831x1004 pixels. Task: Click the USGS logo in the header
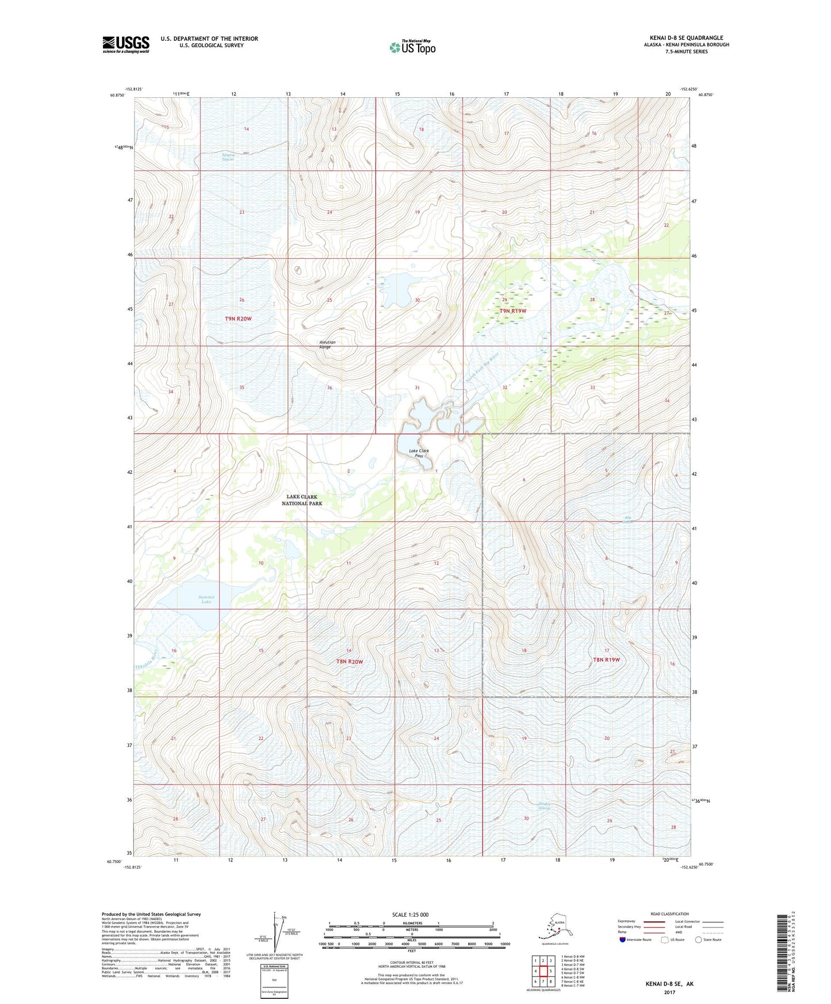pos(126,44)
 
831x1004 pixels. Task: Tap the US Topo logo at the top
pos(412,47)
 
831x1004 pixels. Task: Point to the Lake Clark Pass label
pos(419,453)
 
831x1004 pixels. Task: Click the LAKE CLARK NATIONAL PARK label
pos(302,500)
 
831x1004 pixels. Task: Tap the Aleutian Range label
pos(327,344)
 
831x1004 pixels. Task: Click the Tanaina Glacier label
pos(228,157)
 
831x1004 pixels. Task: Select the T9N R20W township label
pos(238,319)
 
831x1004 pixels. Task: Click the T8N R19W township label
pos(606,660)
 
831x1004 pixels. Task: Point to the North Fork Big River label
pos(482,369)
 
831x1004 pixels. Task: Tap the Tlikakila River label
pos(146,660)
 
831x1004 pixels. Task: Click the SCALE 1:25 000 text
pos(411,914)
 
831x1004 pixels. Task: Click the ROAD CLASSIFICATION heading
pos(669,914)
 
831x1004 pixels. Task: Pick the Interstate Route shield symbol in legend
pos(623,940)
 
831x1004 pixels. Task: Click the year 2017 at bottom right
pos(669,992)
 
